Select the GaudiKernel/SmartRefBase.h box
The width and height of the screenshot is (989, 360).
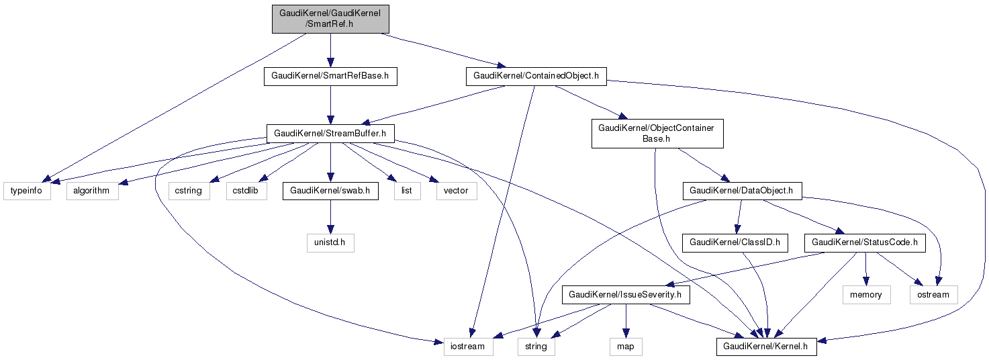tap(330, 76)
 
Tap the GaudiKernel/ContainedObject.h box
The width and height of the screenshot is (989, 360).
tap(536, 76)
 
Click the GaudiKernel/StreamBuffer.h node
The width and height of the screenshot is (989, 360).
tap(330, 133)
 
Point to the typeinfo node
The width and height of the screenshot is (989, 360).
tap(27, 191)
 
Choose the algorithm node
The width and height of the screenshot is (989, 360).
tap(91, 191)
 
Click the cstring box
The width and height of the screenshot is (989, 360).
tap(189, 191)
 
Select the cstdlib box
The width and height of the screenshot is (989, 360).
tap(246, 191)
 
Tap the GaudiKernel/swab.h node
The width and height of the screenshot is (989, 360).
tap(330, 191)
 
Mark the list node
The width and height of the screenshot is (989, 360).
tap(407, 191)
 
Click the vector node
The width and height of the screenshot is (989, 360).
tap(457, 191)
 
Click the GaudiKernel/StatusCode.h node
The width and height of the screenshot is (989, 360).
tap(865, 242)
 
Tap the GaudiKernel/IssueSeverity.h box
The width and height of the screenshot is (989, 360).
tap(625, 294)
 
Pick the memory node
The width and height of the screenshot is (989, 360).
tap(866, 294)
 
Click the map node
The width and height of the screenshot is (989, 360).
tap(625, 347)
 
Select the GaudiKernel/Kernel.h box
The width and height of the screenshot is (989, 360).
tap(767, 347)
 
